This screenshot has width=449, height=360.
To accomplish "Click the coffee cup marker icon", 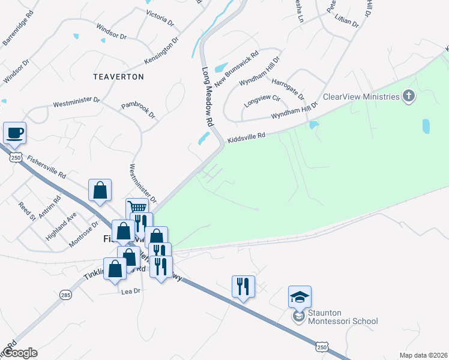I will pos(14,133).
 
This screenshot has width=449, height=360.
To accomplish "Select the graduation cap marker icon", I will pos(300,297).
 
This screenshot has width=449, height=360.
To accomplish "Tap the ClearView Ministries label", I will pos(361,97).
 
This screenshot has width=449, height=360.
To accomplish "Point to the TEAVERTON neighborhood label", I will pos(119,77).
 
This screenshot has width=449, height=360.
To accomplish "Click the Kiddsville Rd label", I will pos(246,137).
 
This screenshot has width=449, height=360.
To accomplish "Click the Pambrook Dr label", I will pos(138,110).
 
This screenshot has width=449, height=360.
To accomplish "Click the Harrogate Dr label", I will pos(288,88).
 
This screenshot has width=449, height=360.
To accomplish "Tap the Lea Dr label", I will pos(130,291).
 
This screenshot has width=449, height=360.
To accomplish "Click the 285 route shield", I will pos(65,295).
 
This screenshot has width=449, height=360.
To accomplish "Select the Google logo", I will pos(20,353).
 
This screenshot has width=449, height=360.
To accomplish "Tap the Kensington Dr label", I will pos(161,52).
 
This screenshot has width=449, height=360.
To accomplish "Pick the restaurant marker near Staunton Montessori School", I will pos(243,286).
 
